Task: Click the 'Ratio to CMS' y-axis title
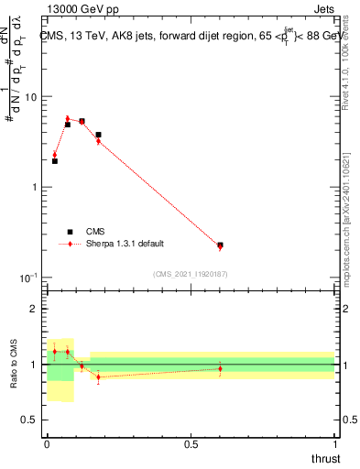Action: pos(14,364)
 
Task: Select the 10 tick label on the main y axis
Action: pos(31,97)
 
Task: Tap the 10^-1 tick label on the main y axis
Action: pos(29,277)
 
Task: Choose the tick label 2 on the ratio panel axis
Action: pos(35,310)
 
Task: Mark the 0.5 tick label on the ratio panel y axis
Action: pos(30,420)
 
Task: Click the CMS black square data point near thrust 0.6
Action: pos(220,245)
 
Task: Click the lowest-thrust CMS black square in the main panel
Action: pos(55,161)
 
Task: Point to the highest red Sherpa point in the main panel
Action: pos(68,118)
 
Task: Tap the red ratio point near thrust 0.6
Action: pos(220,368)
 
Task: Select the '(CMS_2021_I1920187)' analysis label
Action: pos(191,274)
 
